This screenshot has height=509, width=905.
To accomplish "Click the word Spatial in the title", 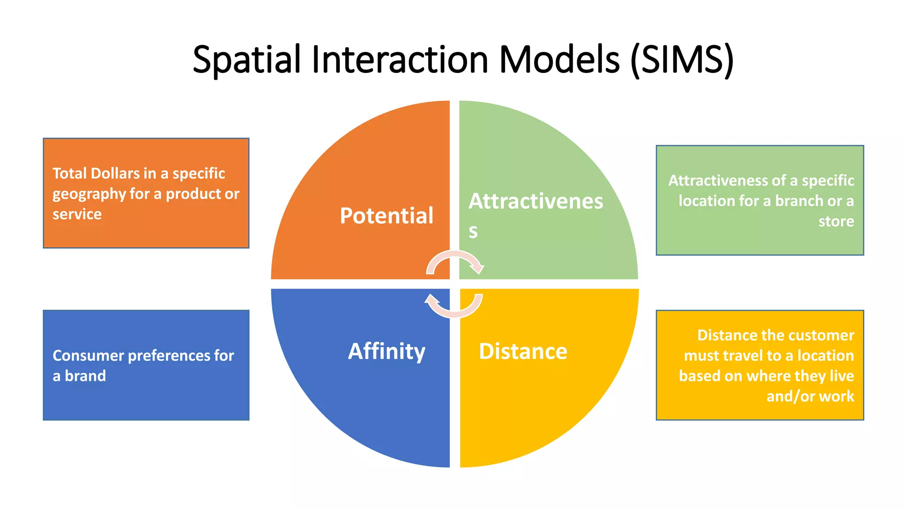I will [x=247, y=60].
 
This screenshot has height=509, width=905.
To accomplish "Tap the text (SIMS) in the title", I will [x=682, y=60].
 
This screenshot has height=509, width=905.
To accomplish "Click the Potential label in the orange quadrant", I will [x=387, y=216].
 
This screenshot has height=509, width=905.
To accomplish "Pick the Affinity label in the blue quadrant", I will [x=387, y=351].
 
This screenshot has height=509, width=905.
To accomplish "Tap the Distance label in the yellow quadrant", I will [x=523, y=351].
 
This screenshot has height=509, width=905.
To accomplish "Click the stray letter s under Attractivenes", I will [x=473, y=232].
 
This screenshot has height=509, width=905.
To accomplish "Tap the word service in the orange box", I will [x=77, y=214].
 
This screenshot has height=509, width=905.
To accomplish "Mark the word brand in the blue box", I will [x=85, y=376].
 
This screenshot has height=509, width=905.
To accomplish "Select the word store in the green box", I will [x=836, y=221].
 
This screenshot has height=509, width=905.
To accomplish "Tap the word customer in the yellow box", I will [x=823, y=335].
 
